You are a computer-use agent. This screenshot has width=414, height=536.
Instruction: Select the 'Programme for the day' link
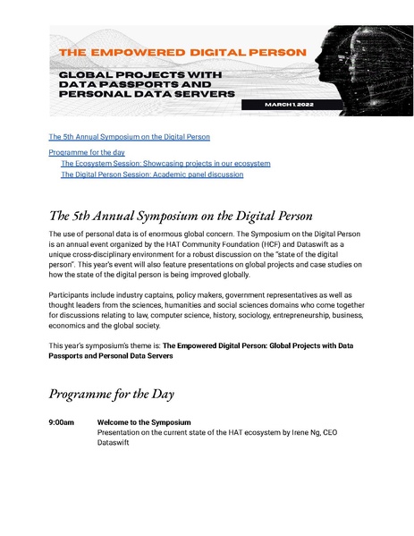coord(86,154)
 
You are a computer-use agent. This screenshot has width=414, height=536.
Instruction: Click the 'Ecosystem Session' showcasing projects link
coord(165,164)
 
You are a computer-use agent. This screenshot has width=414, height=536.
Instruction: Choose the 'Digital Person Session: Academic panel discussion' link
coord(151,174)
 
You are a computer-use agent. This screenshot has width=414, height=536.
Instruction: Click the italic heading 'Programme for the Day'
coord(111,393)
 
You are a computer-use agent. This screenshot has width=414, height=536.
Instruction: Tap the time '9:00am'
coord(62,421)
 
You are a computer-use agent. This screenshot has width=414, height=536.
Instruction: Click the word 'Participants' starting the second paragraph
coord(72,294)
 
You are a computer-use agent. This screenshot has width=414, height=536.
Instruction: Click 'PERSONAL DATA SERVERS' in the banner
coord(148,92)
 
